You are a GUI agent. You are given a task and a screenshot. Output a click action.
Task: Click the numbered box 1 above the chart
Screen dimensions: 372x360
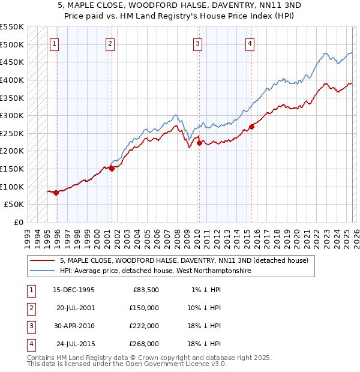55,43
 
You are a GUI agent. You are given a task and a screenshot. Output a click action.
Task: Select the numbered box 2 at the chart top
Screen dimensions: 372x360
110,43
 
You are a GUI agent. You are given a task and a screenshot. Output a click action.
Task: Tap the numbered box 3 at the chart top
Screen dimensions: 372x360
197,43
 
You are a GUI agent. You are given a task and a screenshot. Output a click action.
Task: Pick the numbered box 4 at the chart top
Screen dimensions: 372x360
249,43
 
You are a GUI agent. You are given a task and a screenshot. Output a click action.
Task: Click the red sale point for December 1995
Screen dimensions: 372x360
56,193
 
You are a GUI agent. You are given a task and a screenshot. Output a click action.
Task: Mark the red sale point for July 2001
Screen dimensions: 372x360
112,169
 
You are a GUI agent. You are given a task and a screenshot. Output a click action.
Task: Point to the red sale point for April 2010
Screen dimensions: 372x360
199,143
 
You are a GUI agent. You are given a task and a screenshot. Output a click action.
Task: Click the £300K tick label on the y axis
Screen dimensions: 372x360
12,115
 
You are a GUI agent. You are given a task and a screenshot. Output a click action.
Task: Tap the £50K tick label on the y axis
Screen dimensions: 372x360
14,205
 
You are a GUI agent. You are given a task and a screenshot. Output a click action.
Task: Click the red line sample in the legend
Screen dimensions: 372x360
42,261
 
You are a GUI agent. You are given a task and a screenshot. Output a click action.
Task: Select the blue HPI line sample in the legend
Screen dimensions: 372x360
42,271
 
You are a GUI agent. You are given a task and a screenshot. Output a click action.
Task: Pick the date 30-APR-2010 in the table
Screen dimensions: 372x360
74,326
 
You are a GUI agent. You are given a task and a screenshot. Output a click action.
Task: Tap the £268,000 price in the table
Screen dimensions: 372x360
144,344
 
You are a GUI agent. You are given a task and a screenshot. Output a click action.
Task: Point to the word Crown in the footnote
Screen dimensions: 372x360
157,358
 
